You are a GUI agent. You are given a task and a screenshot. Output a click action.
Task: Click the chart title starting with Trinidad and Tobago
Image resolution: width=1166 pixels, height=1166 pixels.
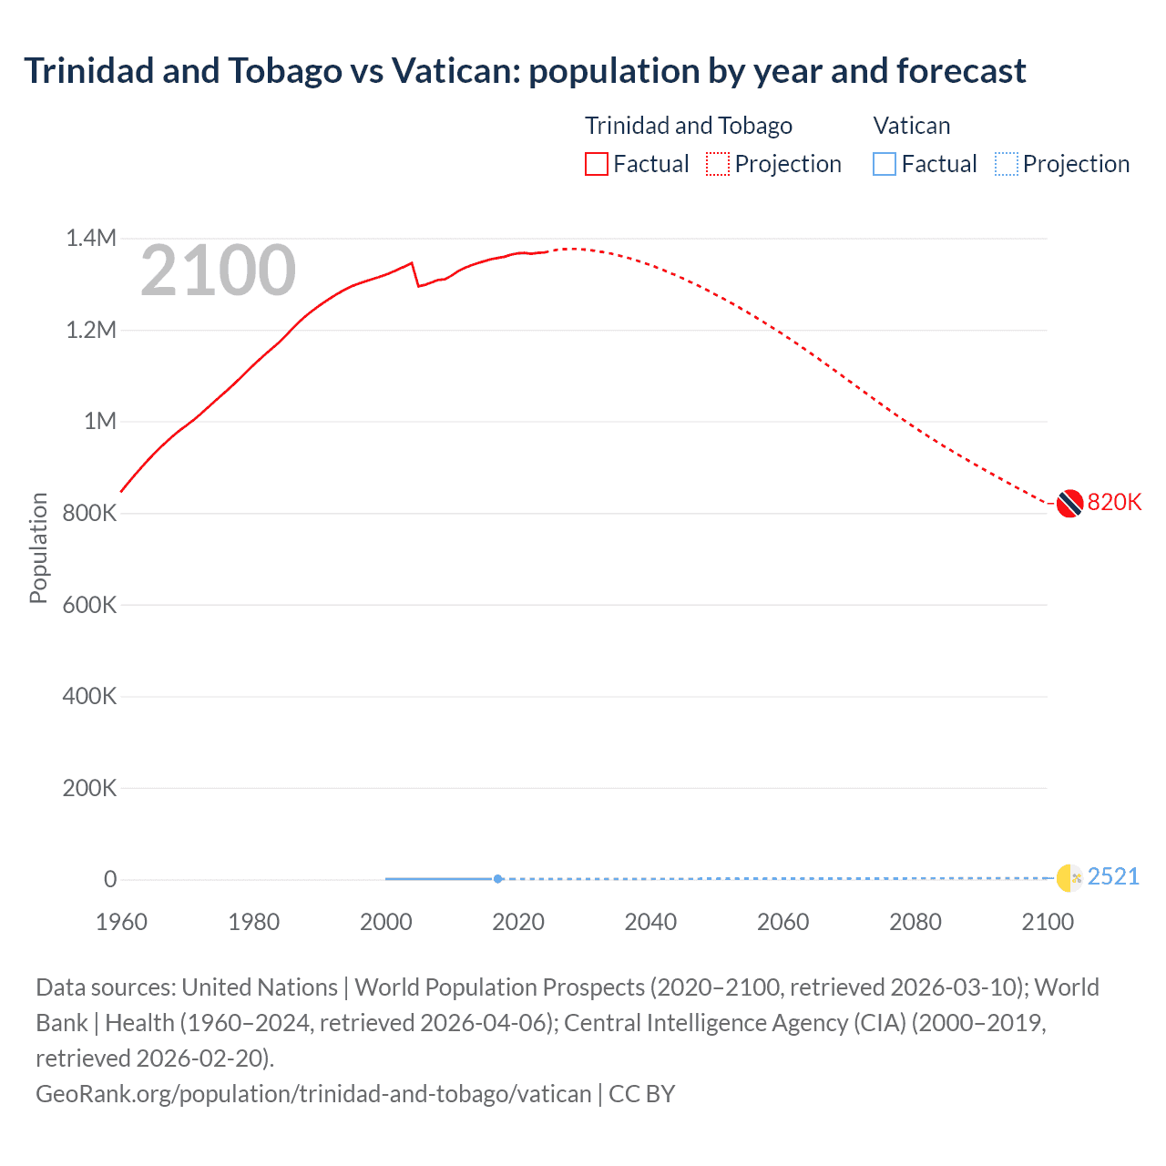pos(525,71)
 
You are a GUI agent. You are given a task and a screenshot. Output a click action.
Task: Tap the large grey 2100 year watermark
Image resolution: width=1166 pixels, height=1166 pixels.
pos(218,271)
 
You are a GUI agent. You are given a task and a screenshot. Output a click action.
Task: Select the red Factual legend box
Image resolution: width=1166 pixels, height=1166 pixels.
pos(597,164)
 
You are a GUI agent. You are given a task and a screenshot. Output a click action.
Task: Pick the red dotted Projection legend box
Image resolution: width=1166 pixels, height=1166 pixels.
pos(718,164)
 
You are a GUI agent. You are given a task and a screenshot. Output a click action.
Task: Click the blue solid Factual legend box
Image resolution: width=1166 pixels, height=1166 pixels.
pos(885,164)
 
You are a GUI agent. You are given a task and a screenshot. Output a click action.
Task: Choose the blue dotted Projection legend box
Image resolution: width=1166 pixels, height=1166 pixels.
pos(1007,164)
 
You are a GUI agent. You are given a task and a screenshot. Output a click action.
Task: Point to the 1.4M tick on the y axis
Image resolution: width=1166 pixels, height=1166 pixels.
pos(91,239)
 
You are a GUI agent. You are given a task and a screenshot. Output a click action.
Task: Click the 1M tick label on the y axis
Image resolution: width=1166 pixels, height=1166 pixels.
pos(100,421)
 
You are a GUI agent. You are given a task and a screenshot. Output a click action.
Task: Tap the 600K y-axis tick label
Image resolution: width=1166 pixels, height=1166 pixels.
pos(89,605)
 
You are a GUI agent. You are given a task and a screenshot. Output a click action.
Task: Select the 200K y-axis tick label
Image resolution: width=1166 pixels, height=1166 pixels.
pos(89,788)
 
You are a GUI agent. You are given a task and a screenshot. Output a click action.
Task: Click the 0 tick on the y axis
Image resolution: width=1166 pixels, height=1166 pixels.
pos(110,879)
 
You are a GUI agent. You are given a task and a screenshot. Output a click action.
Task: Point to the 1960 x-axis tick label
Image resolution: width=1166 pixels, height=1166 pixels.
pos(121,922)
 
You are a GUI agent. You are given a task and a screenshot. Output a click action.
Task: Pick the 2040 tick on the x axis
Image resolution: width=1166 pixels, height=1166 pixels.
pos(650,922)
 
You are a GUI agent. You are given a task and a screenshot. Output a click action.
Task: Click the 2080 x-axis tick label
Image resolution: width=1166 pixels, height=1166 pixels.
pos(915,922)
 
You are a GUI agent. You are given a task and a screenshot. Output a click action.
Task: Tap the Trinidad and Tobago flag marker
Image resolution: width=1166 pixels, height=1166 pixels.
pos(1069,503)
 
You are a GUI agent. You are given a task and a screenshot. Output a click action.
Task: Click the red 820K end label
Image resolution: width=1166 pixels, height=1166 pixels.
pos(1114,503)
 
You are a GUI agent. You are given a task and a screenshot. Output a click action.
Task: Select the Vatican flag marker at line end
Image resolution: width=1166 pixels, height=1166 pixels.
pos(1069,878)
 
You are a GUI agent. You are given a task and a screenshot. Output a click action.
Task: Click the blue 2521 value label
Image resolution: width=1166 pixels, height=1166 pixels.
pos(1113,876)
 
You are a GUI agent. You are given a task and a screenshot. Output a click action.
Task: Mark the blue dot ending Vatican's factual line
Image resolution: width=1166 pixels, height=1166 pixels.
pos(497,879)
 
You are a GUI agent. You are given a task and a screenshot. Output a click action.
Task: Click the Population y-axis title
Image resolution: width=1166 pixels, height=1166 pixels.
pos(38,547)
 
